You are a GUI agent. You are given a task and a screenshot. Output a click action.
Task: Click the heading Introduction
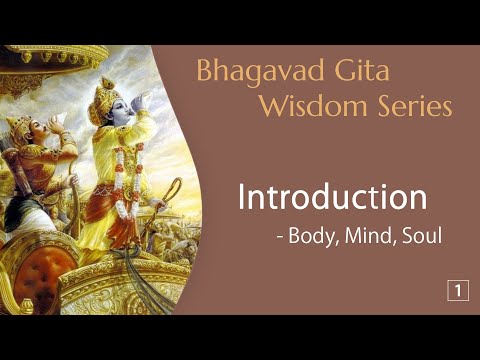[333, 196]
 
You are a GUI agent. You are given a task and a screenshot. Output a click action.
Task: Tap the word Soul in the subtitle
[419, 239]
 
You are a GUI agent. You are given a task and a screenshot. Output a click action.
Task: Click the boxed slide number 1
[457, 291]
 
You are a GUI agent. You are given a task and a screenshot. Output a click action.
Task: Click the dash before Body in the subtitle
[280, 240]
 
